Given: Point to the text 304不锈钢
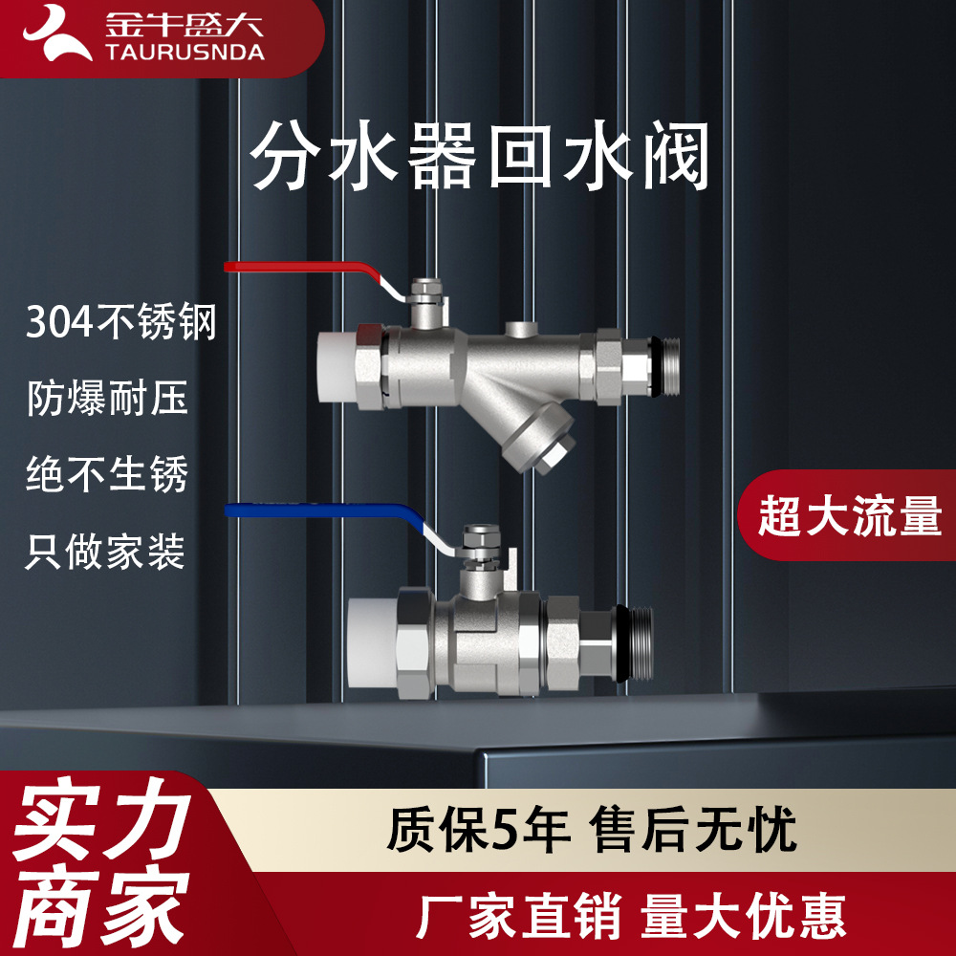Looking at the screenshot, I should pos(121,324).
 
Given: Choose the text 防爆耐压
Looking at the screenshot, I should pos(107,398).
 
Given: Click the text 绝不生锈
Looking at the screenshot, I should pos(107,474).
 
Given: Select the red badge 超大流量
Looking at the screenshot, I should pos(850,516).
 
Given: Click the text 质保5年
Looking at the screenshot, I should pos(478,829).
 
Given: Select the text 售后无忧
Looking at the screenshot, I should pos(693,829).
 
